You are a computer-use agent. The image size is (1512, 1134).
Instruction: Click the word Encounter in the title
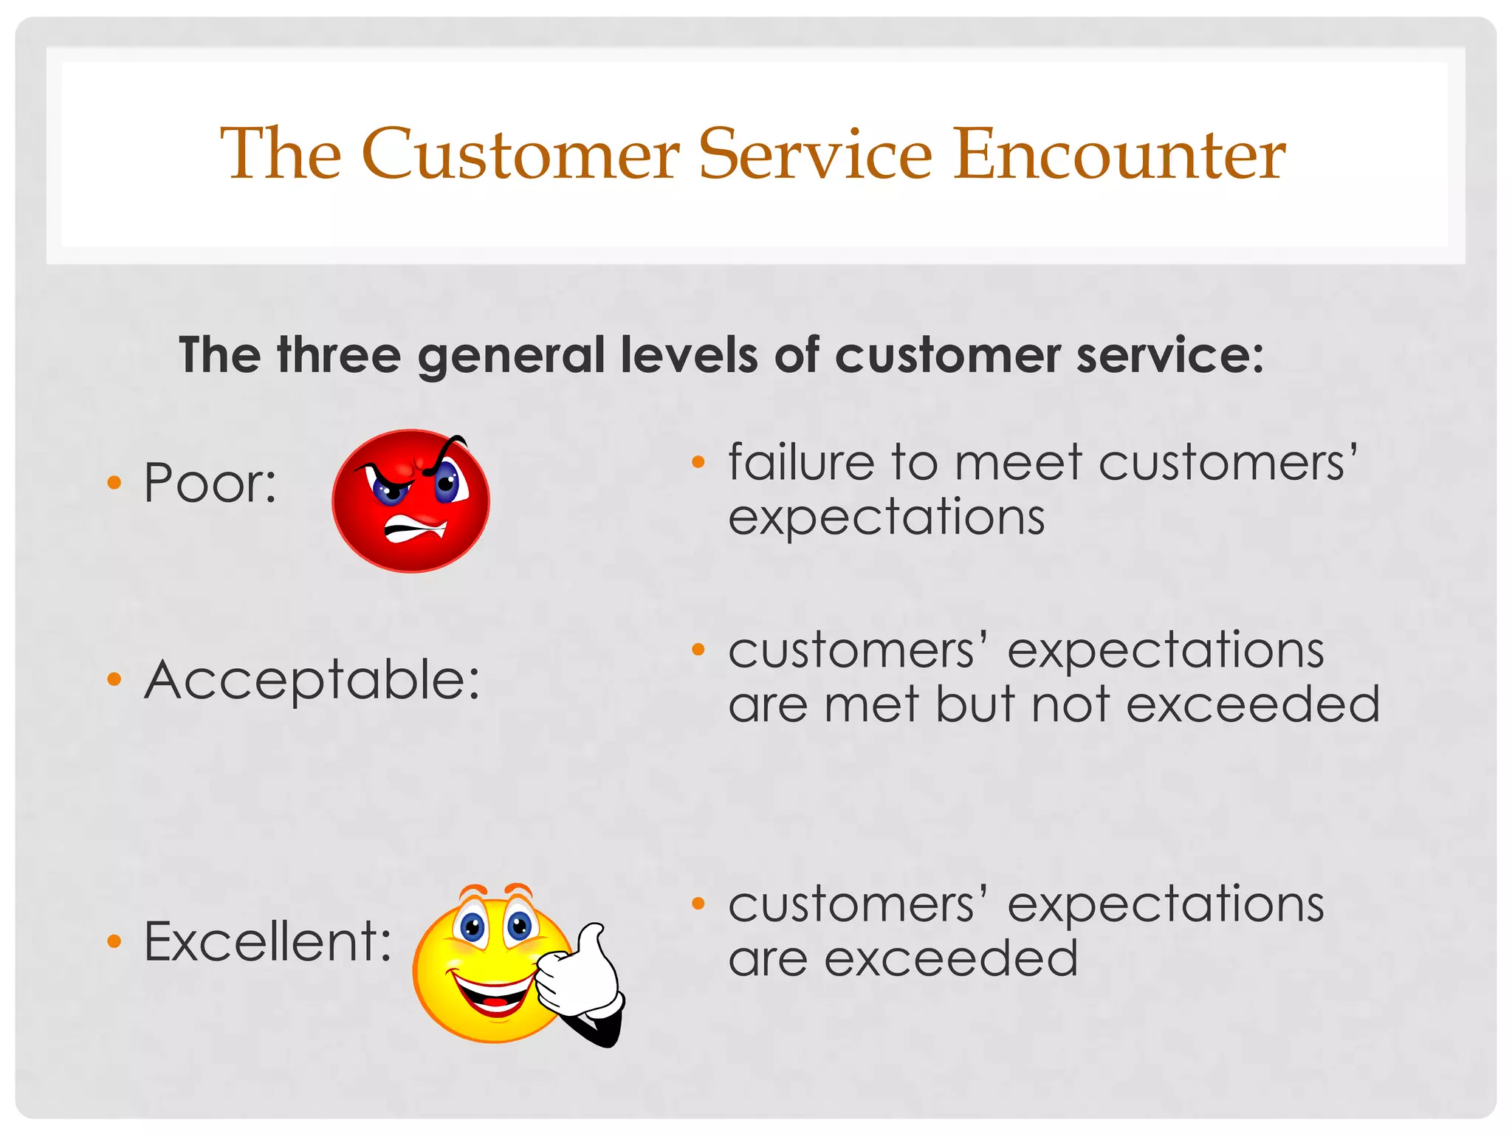(1119, 155)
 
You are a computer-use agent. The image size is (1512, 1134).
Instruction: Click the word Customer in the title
(520, 155)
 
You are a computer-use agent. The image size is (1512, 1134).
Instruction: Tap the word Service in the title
(816, 155)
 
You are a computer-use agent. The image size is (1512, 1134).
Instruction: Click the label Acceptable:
(312, 679)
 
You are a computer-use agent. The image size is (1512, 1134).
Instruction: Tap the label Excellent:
(267, 941)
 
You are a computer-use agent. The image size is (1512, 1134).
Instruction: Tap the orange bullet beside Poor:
(114, 484)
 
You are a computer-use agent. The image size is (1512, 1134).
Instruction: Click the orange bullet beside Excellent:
(114, 941)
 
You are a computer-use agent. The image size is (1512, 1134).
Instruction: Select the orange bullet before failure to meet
(698, 463)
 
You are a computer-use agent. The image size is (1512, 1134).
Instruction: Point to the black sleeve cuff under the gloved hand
(602, 1030)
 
